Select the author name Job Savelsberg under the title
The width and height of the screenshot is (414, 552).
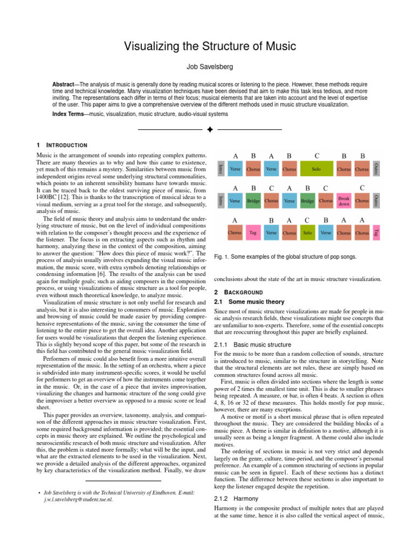(207, 68)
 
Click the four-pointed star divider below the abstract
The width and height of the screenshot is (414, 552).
(210, 130)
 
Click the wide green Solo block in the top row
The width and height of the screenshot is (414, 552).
(316, 169)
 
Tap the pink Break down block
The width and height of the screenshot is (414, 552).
(344, 201)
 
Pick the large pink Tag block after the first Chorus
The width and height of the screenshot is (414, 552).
(252, 232)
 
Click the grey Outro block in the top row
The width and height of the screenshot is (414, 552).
(376, 169)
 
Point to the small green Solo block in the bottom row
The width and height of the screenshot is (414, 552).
(307, 232)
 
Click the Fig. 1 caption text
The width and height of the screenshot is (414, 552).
(285, 257)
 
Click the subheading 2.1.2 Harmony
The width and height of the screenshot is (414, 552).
(235, 499)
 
